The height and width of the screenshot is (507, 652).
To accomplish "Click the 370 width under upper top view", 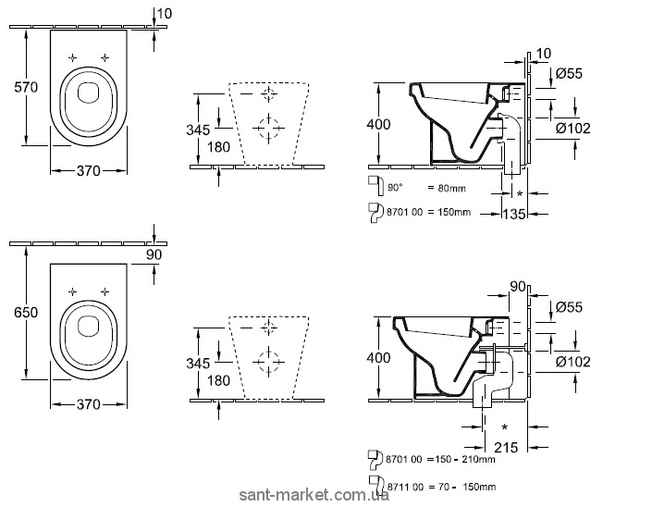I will pos(88,170).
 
